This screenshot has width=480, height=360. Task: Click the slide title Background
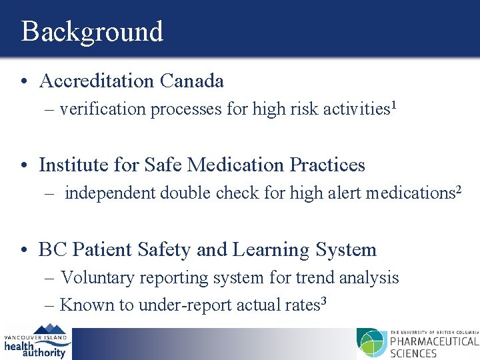[92, 31]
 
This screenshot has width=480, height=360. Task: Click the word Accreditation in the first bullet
[97, 81]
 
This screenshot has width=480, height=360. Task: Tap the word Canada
[192, 81]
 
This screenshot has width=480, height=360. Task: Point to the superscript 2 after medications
[458, 189]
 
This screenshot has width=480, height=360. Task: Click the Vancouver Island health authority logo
[36, 342]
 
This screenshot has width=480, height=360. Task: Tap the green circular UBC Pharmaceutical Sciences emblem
[371, 343]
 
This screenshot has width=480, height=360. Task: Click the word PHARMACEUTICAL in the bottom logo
[433, 341]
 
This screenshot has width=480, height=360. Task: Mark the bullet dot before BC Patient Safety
[24, 251]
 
